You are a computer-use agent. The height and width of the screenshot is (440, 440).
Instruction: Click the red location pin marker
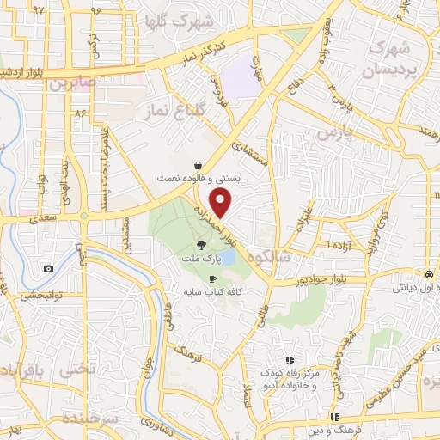click(222, 204)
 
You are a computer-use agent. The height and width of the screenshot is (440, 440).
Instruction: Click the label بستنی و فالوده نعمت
click(192, 178)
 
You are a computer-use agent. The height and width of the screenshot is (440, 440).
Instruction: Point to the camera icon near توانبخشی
click(48, 269)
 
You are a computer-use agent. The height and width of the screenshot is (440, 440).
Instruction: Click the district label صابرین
click(67, 84)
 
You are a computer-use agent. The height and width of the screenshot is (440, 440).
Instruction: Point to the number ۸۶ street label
click(82, 113)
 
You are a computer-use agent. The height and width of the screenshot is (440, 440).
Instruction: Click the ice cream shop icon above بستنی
click(199, 163)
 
